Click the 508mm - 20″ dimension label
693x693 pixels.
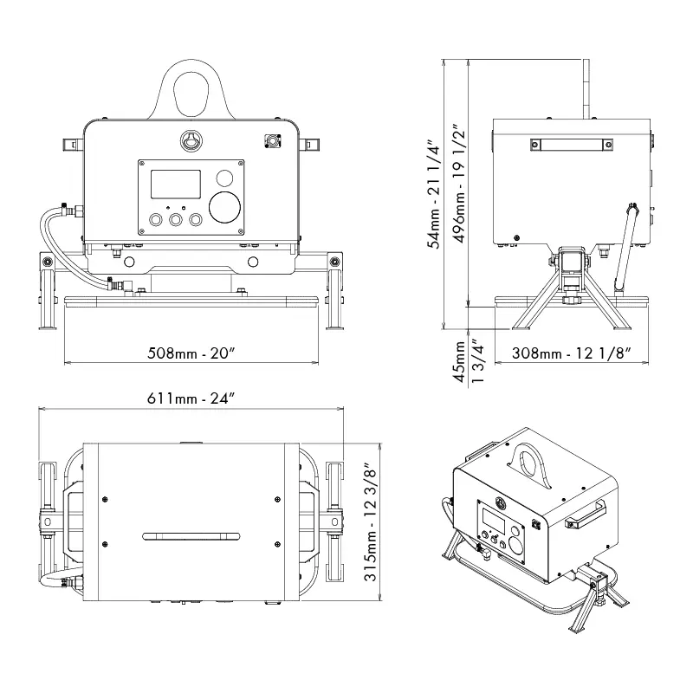click(192, 353)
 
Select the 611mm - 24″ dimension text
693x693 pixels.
click(191, 398)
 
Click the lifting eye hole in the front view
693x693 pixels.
click(191, 91)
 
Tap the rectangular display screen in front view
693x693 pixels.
click(176, 185)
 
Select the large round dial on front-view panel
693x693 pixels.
click(226, 208)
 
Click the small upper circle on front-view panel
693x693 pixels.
click(224, 178)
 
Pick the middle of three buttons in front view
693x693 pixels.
click(177, 221)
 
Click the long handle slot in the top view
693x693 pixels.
click(191, 536)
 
